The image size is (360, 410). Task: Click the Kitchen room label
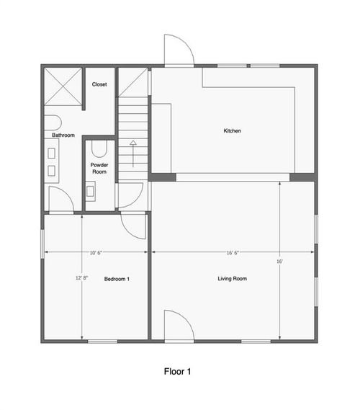point(232,131)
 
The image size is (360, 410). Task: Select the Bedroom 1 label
point(117,278)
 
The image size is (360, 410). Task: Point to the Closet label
point(99,84)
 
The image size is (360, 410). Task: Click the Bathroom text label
point(63,135)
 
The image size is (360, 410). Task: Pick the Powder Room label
point(99,169)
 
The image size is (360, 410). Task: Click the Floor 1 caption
point(178,373)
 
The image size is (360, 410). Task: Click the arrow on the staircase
point(132,153)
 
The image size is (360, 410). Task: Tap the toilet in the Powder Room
point(99,149)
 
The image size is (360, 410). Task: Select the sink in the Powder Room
point(91,192)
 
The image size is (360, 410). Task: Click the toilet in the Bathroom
point(53,120)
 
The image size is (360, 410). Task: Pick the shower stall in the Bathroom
point(62,87)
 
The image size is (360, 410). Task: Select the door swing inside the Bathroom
point(60,198)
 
